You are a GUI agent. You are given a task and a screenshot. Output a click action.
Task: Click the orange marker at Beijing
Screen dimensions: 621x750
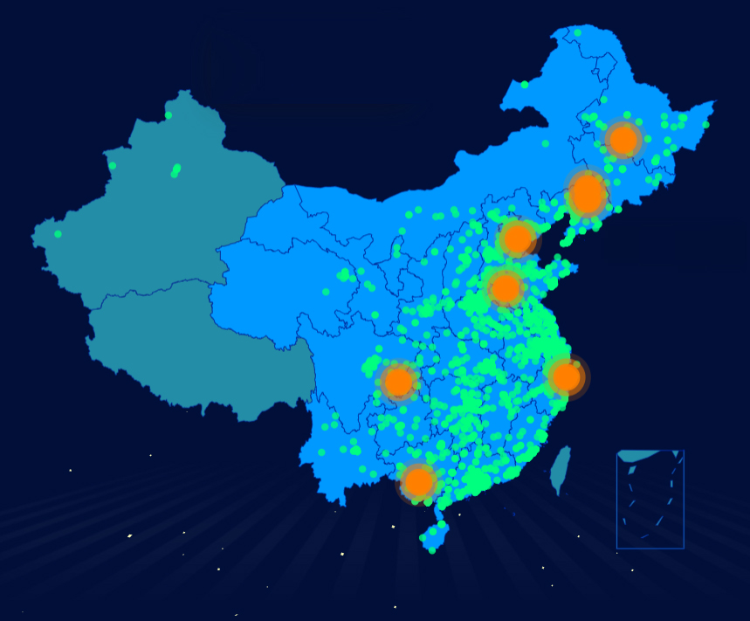518,238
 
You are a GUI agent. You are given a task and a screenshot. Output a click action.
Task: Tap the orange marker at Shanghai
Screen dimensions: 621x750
566,376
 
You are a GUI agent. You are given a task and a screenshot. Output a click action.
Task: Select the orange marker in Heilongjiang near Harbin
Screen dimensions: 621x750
623,140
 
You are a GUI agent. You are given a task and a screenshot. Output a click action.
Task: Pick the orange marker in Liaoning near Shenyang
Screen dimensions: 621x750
588,194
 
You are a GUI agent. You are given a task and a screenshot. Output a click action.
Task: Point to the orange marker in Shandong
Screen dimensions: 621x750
505,288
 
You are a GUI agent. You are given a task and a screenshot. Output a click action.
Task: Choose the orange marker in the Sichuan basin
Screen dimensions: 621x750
398,382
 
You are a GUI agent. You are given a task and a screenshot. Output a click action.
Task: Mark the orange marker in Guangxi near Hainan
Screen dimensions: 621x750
418,481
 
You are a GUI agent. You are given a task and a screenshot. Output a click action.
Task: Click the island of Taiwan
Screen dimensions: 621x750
561,469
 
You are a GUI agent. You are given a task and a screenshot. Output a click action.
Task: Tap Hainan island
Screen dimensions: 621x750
434,535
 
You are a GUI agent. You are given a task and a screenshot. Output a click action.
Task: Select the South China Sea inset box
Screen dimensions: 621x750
650,499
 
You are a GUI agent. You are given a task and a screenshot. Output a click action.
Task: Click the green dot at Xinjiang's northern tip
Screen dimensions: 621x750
169,115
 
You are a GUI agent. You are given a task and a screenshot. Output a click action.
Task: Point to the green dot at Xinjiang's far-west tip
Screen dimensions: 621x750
58,234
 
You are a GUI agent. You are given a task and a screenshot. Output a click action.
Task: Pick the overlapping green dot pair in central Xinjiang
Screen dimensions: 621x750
175,170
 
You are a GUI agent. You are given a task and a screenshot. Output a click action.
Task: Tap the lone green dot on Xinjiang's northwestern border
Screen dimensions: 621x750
112,165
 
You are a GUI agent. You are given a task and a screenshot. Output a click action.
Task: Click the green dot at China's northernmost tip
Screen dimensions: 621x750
577,33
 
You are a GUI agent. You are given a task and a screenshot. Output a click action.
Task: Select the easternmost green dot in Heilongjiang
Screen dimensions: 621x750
705,124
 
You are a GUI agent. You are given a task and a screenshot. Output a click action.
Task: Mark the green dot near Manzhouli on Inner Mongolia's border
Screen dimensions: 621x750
525,85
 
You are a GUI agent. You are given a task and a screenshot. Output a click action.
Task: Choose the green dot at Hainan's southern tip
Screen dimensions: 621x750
431,550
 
